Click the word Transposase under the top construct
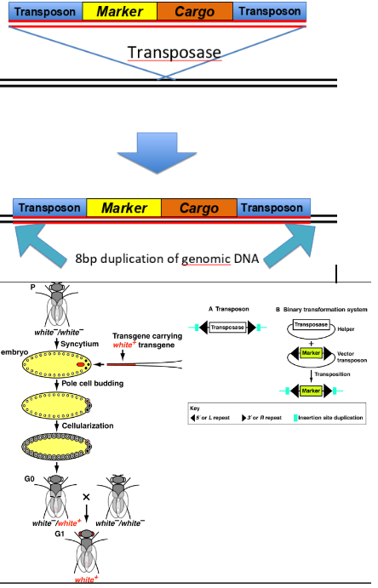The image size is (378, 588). pos(175,52)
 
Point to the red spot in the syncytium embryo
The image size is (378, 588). pos(80,365)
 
